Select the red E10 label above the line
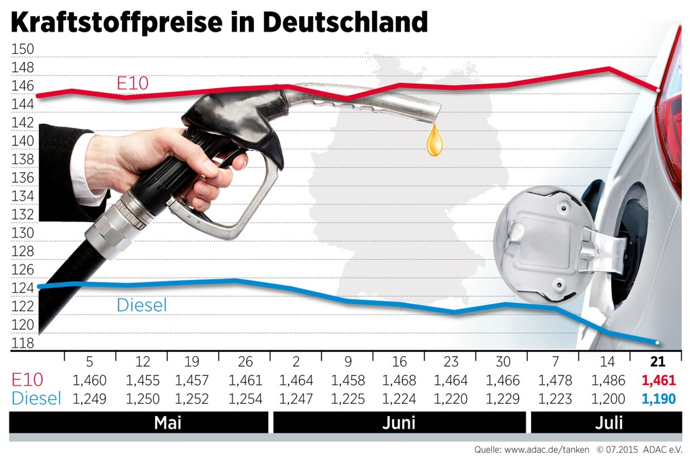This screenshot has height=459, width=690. (x=132, y=83)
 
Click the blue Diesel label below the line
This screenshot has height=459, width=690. (x=142, y=305)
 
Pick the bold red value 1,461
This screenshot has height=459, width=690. (x=658, y=381)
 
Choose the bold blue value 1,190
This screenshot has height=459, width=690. (x=658, y=398)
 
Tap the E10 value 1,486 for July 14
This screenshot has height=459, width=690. (x=607, y=381)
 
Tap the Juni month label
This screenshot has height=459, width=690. (x=399, y=423)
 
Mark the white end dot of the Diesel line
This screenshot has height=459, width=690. (x=658, y=343)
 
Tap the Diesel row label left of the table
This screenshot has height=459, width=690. (x=35, y=398)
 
